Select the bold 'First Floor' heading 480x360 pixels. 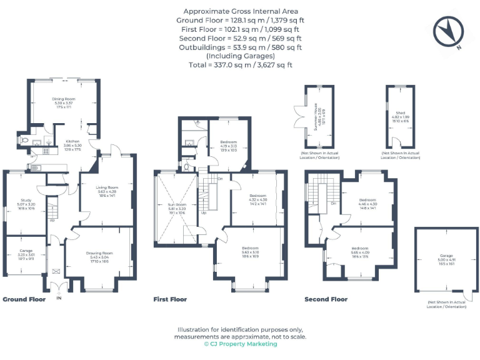(170, 299)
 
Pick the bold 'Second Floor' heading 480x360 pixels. (326, 299)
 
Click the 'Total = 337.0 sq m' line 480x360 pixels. (241, 64)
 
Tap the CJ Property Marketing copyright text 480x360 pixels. (241, 344)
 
